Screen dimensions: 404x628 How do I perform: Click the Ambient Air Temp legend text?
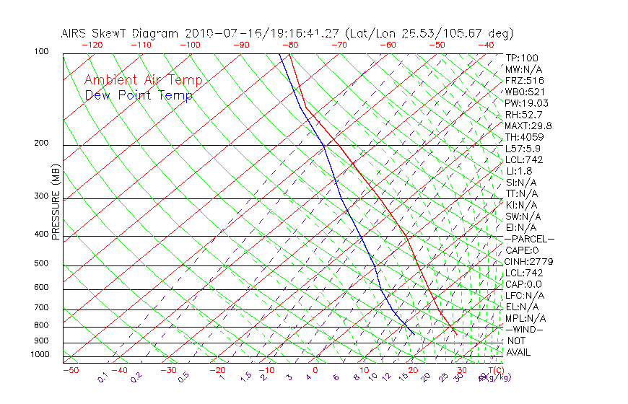coord(143,80)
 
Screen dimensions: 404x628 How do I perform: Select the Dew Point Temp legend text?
coord(138,95)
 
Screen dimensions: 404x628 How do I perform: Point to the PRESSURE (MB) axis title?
coord(56,202)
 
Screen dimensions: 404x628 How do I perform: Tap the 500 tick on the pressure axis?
coord(42,263)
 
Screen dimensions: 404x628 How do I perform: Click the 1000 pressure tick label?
coord(40,354)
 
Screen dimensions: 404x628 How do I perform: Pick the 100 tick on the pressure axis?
coord(42,52)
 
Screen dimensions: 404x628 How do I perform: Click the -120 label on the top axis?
coord(92,45)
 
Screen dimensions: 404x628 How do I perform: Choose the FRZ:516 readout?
coord(525,80)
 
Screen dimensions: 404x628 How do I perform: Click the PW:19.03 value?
coord(527,103)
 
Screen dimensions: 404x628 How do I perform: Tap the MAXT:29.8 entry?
coord(529,126)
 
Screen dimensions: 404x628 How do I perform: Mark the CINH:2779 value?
coord(529,261)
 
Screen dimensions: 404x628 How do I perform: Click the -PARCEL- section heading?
coord(529,238)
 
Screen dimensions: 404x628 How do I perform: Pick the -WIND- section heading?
coord(525,329)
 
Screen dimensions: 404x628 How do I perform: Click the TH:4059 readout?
coord(525,137)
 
